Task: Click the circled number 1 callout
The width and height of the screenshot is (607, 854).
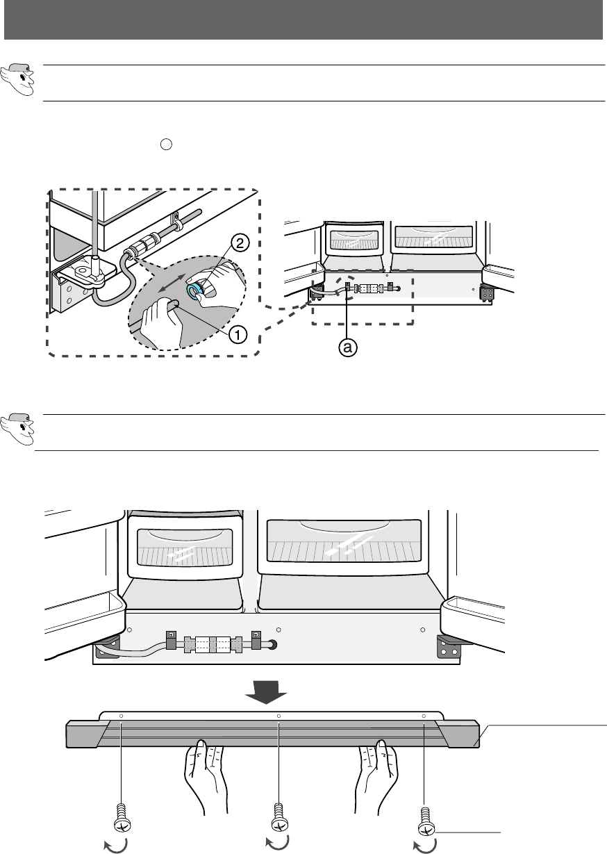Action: pyautogui.click(x=237, y=334)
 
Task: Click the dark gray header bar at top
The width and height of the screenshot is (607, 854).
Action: pyautogui.click(x=303, y=19)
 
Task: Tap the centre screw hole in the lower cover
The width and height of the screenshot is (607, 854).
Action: pyautogui.click(x=278, y=716)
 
